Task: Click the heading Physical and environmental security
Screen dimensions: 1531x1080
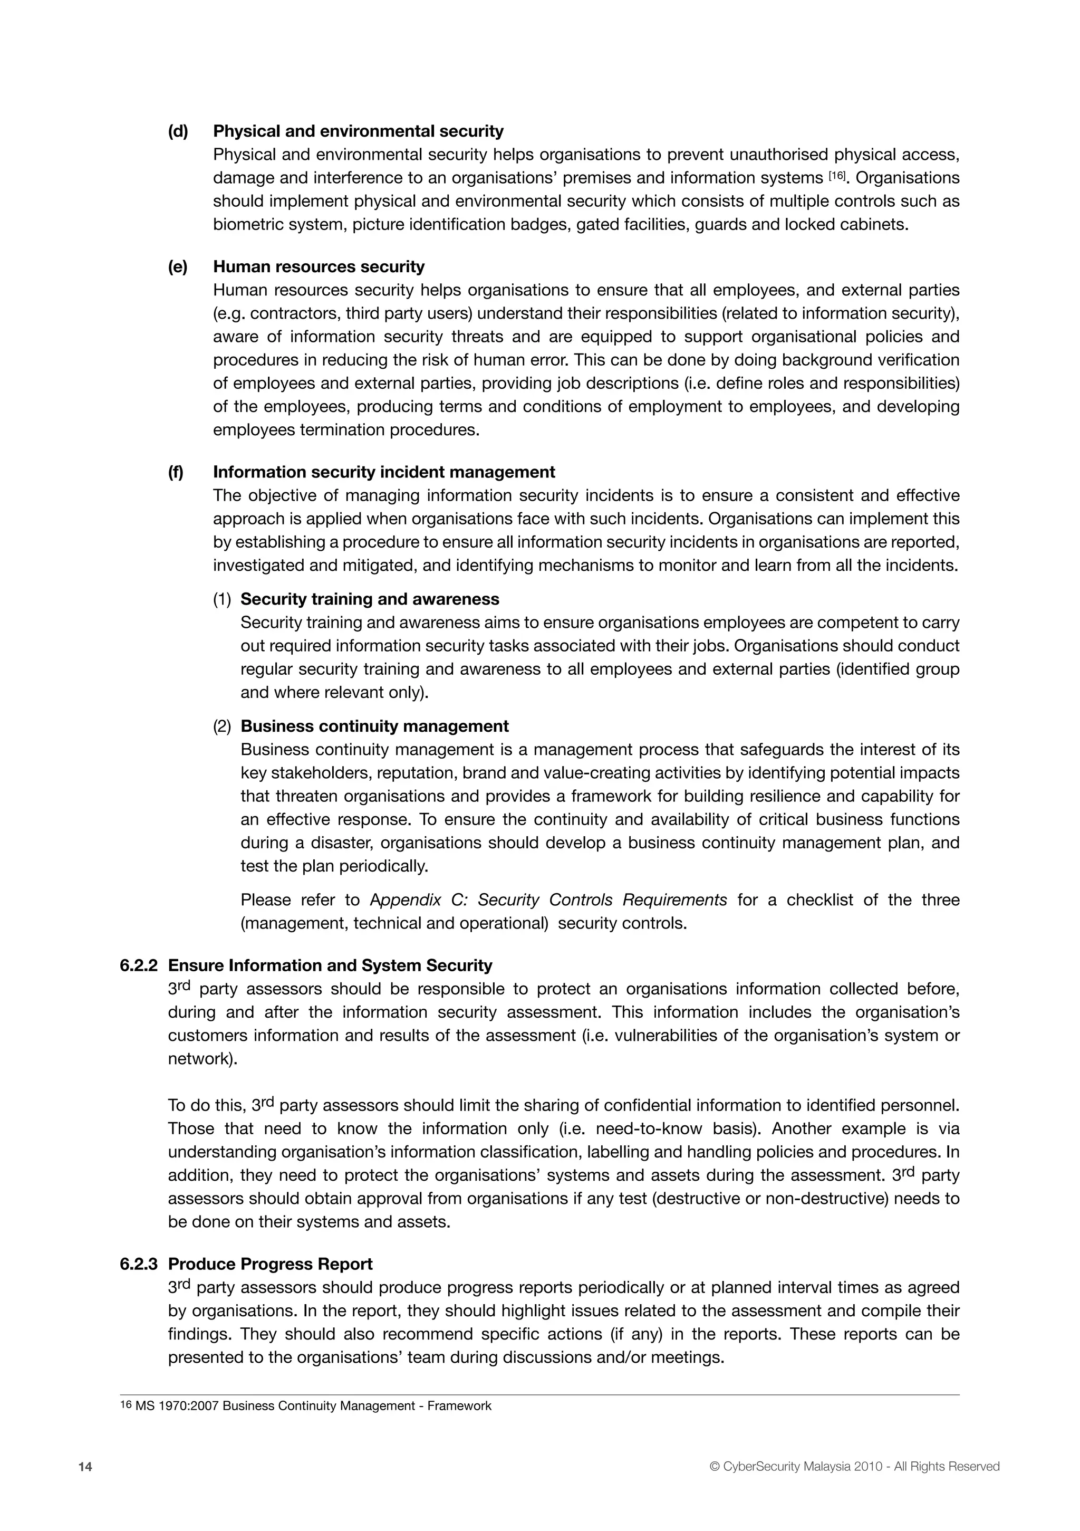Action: tap(358, 131)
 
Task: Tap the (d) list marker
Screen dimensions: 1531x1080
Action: tap(178, 131)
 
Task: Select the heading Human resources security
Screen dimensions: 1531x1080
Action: tap(319, 267)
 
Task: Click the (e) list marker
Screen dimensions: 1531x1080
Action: tap(178, 267)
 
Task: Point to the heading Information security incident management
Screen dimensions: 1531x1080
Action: tap(384, 472)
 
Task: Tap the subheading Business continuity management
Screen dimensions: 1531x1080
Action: tap(374, 725)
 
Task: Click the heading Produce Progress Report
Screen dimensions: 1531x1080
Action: tap(270, 1264)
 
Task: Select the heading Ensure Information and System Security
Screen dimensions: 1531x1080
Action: tap(330, 965)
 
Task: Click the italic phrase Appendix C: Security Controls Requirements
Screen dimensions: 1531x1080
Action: tap(548, 900)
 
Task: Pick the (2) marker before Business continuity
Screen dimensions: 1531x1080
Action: tap(222, 726)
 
